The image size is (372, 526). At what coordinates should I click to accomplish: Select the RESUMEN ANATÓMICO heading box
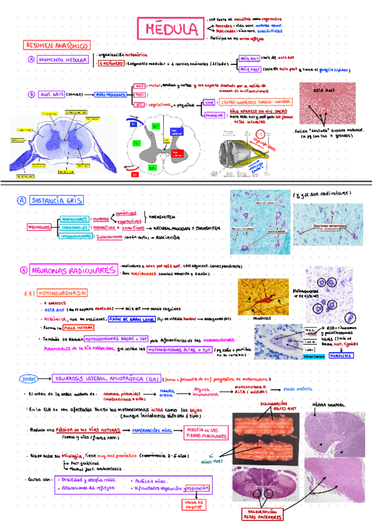tap(57, 46)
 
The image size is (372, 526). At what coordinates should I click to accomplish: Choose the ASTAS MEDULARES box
tap(110, 94)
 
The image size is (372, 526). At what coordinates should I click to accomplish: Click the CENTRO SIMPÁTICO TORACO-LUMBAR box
tap(251, 101)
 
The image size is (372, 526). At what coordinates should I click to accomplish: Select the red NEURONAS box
tap(38, 227)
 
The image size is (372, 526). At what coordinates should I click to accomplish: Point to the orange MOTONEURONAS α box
tap(64, 291)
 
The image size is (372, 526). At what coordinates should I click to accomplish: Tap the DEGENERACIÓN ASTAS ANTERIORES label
tap(265, 514)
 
